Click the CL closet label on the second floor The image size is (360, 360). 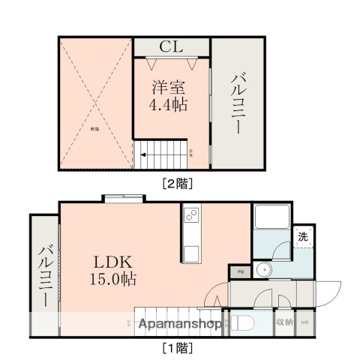point(170,46)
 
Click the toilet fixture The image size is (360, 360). point(241,323)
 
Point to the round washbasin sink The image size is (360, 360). point(262,271)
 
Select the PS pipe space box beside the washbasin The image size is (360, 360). point(240,271)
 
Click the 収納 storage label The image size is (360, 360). point(284,323)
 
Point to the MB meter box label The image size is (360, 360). point(304,323)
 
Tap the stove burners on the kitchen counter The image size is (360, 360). point(190,216)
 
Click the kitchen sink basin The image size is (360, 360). point(190,251)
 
